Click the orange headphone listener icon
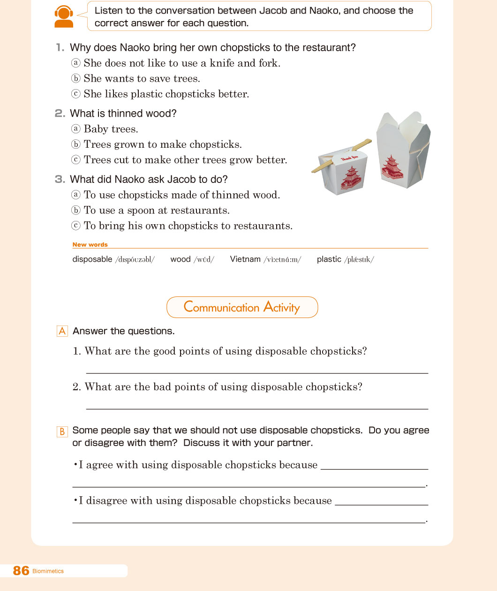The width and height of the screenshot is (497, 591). click(x=64, y=17)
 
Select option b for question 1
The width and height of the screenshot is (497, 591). click(x=75, y=78)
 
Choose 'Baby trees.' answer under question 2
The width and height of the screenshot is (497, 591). click(x=111, y=129)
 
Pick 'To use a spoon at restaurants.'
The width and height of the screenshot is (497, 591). click(x=156, y=210)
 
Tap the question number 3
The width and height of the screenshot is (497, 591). click(x=60, y=179)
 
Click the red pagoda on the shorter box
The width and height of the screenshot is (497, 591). click(x=349, y=178)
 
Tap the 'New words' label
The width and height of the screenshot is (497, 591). click(x=90, y=244)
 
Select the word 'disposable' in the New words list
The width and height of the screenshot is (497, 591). click(x=92, y=259)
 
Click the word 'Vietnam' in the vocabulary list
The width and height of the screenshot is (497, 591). click(x=245, y=259)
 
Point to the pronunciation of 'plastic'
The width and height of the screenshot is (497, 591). click(x=359, y=259)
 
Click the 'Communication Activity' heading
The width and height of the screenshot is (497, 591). click(x=242, y=307)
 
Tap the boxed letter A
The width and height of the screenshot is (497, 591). click(x=62, y=331)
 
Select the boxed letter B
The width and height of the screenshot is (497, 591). click(x=62, y=432)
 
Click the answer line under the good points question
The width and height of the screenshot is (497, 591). click(x=257, y=372)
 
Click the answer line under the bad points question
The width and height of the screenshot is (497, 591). click(x=257, y=409)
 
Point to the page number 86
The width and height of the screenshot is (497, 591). click(x=21, y=570)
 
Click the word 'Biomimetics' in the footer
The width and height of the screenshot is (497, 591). click(x=48, y=571)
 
